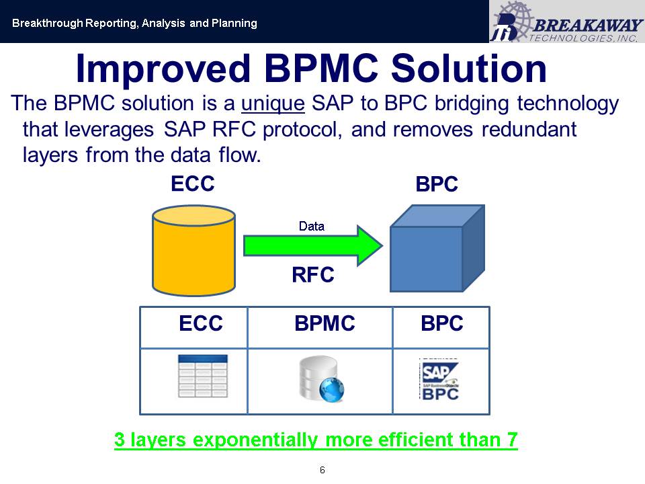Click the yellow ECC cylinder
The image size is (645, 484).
[x=193, y=251]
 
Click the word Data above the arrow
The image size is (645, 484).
[x=312, y=227]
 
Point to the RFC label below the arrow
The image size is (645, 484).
[x=313, y=275]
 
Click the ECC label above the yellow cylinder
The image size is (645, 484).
[x=193, y=183]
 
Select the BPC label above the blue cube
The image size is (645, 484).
[x=437, y=184]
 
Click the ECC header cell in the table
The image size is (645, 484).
[x=200, y=324]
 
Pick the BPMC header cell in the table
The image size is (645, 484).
[x=325, y=324]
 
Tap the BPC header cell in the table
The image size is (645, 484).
[x=441, y=324]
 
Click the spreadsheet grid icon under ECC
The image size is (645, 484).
[x=202, y=376]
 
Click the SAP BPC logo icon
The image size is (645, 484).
[x=439, y=380]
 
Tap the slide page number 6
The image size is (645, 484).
[x=322, y=469]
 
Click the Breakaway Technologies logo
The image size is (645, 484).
[x=566, y=22]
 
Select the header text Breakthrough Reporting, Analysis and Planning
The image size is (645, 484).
[x=134, y=24]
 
